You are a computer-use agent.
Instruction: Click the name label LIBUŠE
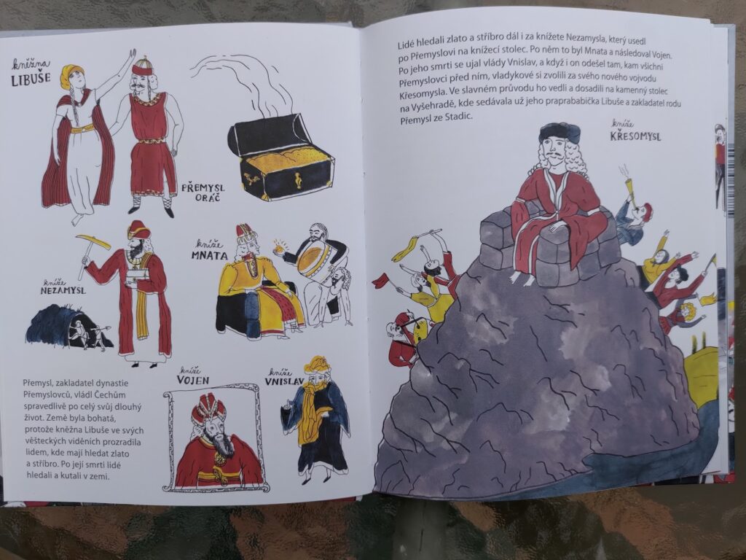point(31,79)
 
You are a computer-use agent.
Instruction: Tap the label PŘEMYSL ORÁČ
point(203,192)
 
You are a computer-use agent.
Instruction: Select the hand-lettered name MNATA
point(209,255)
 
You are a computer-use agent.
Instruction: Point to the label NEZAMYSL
point(63,289)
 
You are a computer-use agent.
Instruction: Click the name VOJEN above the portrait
point(192,380)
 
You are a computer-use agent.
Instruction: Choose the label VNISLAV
point(285,381)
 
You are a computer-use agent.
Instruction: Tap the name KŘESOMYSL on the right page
point(635,136)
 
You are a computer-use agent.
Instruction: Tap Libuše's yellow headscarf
point(72,74)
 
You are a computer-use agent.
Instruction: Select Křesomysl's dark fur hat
point(559,132)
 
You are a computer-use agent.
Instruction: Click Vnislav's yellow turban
point(318,365)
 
